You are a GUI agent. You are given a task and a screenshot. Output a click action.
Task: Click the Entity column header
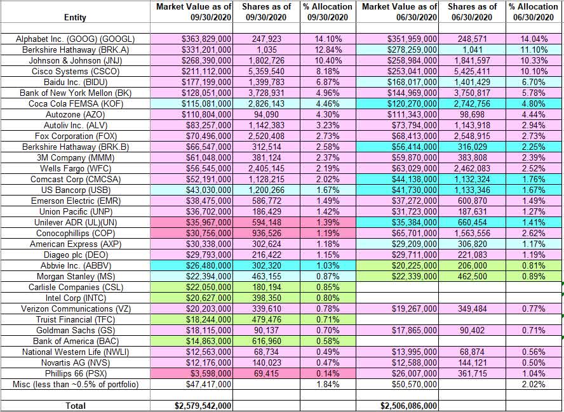tap(75, 17)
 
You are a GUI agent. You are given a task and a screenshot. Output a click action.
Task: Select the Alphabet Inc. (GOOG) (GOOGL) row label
tap(75, 39)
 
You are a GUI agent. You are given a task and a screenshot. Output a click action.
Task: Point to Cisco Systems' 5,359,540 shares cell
tap(266, 72)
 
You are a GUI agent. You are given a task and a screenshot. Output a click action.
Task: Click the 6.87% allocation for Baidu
tap(327, 83)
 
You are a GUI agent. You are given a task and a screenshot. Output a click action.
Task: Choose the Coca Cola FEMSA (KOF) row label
tap(75, 104)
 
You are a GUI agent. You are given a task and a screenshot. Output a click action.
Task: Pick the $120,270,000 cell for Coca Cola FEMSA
tap(413, 104)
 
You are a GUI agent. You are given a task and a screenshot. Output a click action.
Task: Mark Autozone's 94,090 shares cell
tap(266, 115)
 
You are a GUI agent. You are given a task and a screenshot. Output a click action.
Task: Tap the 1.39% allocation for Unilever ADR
tap(327, 223)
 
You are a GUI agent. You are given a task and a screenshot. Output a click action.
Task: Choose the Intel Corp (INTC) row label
tap(75, 298)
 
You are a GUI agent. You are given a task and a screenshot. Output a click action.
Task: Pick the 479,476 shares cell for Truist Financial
tap(267, 319)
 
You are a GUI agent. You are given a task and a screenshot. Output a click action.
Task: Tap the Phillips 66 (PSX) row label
tap(75, 373)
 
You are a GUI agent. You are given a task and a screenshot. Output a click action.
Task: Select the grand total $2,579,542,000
tap(203, 406)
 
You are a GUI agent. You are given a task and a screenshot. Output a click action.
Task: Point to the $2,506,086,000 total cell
tap(409, 406)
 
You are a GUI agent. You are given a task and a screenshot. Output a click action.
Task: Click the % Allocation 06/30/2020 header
tap(533, 11)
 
